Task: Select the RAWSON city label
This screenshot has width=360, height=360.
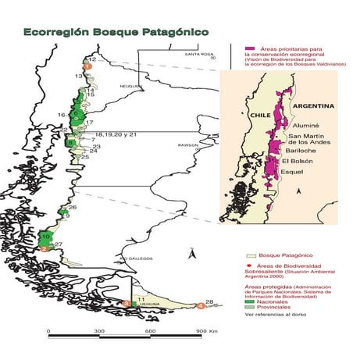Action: (x=191, y=145)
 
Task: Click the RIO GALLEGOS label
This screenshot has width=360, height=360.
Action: (x=130, y=258)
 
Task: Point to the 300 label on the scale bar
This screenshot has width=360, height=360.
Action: (x=100, y=331)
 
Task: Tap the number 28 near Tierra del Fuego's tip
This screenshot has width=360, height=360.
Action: (x=209, y=302)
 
